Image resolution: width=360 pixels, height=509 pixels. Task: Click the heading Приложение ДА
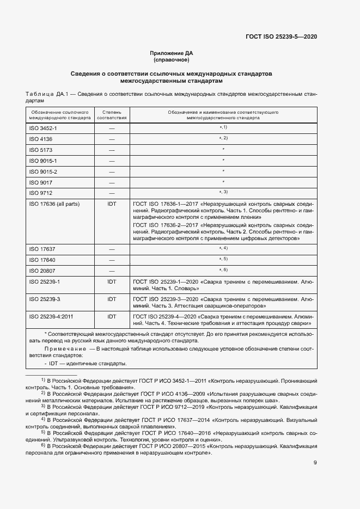click(x=172, y=53)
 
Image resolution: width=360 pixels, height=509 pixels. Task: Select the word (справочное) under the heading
click(x=172, y=60)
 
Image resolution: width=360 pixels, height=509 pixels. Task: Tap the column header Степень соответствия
click(x=112, y=114)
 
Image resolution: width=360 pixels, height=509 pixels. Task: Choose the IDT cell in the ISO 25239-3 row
click(x=112, y=299)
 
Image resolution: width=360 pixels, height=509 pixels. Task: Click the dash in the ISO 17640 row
click(x=112, y=260)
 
